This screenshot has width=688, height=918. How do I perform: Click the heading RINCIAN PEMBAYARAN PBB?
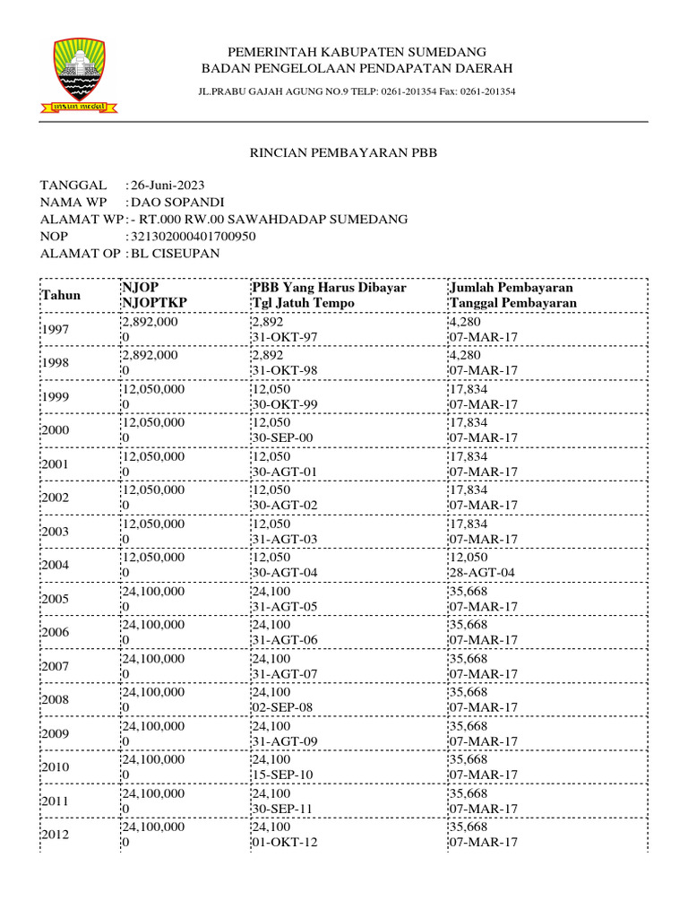[x=342, y=153]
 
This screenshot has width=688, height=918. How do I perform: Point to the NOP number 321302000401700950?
[x=193, y=236]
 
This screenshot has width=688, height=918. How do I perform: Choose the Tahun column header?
[x=61, y=295]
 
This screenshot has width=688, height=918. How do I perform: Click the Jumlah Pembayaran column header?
[x=511, y=288]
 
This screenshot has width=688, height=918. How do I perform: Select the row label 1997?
[x=56, y=330]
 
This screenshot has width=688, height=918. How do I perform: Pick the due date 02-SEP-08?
[x=282, y=708]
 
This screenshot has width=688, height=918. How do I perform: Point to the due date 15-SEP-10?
[x=282, y=775]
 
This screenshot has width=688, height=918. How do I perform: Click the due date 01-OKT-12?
[x=283, y=843]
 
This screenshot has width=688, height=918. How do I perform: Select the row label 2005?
[x=56, y=599]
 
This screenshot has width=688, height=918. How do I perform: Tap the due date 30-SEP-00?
[x=282, y=438]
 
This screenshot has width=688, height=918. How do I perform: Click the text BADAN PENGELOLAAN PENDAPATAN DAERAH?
[x=357, y=68]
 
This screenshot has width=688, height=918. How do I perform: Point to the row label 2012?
[x=56, y=835]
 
